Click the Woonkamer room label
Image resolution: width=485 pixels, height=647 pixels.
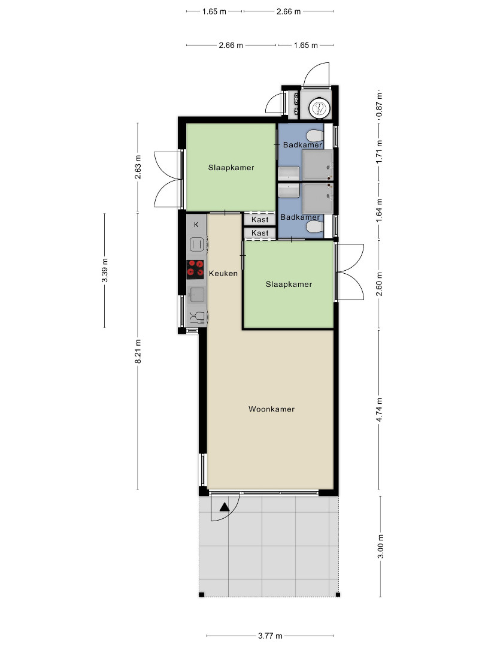pos(271,409)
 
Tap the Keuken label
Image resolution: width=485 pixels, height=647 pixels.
pos(223,273)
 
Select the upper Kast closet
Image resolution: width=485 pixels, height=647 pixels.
pos(260,219)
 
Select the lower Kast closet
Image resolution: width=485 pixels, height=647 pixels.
pos(260,233)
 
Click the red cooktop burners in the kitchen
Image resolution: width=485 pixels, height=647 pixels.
pos(195,268)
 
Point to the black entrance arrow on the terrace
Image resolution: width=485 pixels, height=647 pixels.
pos(225,507)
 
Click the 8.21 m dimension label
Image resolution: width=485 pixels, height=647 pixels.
pos(138,352)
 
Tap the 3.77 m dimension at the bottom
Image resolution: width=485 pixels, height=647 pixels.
pos(270,636)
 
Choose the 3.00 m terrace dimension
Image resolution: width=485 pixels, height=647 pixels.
pos(381,546)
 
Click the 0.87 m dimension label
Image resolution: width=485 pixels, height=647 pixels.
pos(380,104)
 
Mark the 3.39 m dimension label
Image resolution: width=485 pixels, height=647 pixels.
pos(105,270)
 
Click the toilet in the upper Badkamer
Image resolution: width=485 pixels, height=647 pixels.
pos(316,135)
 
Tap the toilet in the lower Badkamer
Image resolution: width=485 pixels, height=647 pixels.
pos(316,226)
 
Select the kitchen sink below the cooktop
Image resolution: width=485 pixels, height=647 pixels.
pos(196,294)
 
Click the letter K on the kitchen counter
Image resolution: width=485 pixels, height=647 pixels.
pos(196,225)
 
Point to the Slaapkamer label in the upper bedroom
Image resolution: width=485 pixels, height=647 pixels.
pos(231,168)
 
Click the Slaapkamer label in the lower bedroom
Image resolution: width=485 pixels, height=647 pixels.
pos(289,285)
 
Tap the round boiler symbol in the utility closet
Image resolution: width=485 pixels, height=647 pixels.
pos(320,108)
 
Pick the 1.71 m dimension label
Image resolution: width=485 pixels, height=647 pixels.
pos(380,152)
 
